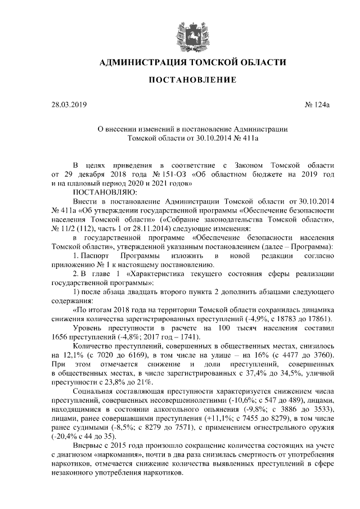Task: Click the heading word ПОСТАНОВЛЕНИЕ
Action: click(192, 80)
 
